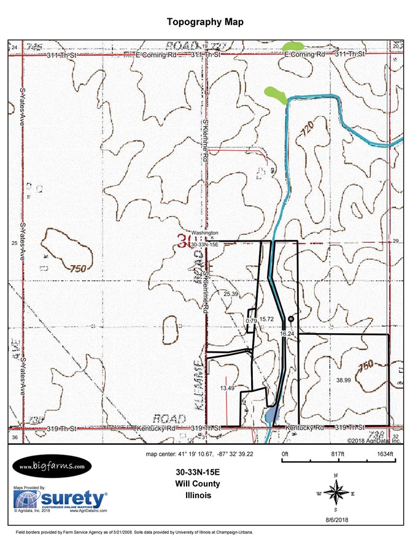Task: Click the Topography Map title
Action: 205,22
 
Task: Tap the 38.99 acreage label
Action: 343,380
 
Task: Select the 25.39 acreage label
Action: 231,294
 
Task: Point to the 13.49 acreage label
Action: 227,388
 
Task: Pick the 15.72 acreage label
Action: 266,320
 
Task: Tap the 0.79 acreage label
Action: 250,321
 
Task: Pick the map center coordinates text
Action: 199,454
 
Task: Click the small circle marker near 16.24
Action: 291,319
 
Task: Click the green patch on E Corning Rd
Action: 293,46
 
